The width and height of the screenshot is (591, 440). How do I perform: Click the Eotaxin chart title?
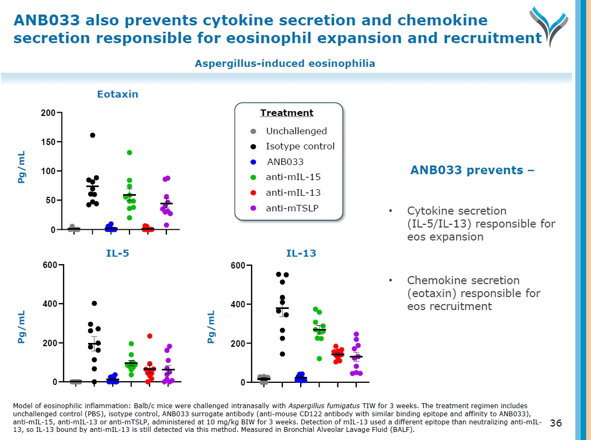pos(117,94)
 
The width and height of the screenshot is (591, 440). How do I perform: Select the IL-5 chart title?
pos(117,253)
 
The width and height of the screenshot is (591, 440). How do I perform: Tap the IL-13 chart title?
pos(301,253)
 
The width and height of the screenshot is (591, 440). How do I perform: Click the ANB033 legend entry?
pos(286,162)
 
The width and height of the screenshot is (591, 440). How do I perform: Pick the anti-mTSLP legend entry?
pos(292,208)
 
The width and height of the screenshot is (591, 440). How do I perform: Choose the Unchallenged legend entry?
pos(296,131)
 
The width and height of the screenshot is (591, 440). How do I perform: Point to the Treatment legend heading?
pos(287,113)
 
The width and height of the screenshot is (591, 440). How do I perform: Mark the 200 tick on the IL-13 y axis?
pos(237,343)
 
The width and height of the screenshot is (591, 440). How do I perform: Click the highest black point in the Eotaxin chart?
pos(92,135)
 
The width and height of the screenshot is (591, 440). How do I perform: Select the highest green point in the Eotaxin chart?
pos(130,153)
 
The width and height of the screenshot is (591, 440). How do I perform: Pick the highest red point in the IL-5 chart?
pos(150,336)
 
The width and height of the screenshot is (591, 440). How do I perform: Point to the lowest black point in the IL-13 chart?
pos(282,354)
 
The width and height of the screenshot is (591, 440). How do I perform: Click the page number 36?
pos(556,423)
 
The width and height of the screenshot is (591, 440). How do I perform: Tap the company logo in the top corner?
pos(548,24)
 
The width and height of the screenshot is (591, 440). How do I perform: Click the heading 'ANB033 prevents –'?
pos(472,170)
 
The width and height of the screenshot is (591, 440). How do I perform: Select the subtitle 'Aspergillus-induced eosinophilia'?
pos(285,64)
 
